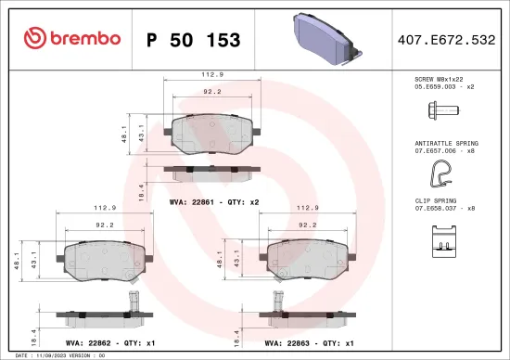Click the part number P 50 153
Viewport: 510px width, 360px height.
194,40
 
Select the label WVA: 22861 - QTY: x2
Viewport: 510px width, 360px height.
214,200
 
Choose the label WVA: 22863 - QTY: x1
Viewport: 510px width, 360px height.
310,342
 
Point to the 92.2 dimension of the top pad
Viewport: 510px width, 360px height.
211,92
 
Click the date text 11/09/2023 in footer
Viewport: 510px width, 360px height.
48,355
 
